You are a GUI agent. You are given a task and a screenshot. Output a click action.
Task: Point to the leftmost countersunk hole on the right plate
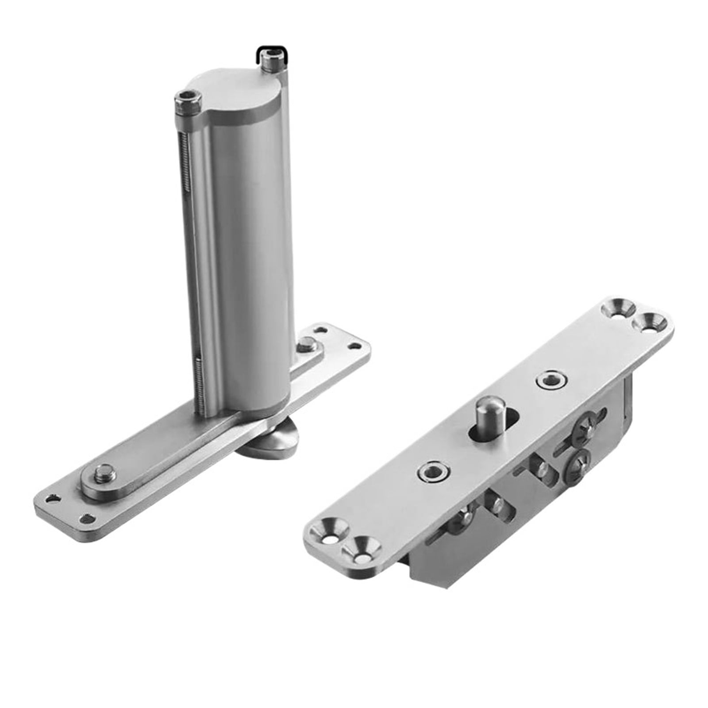[328, 533]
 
